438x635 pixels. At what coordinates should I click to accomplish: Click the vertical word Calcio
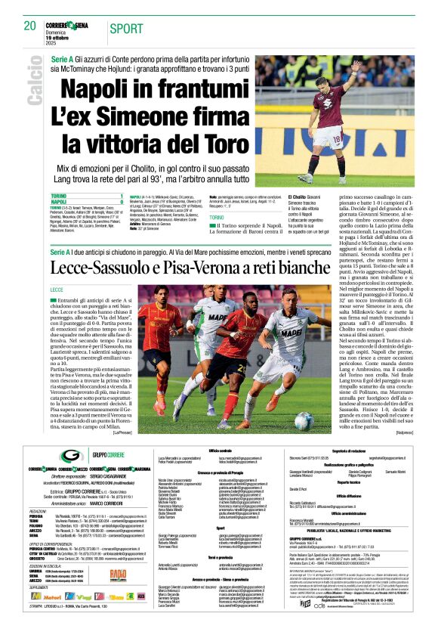(x=35, y=87)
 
